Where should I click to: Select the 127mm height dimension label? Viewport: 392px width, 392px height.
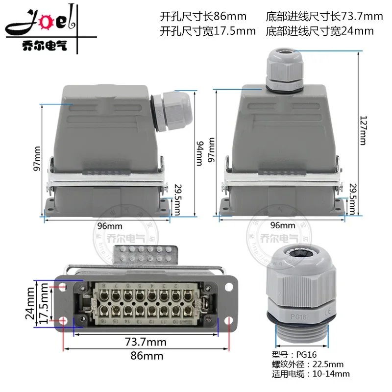click(x=363, y=130)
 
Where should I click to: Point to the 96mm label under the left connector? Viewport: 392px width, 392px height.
click(x=108, y=226)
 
